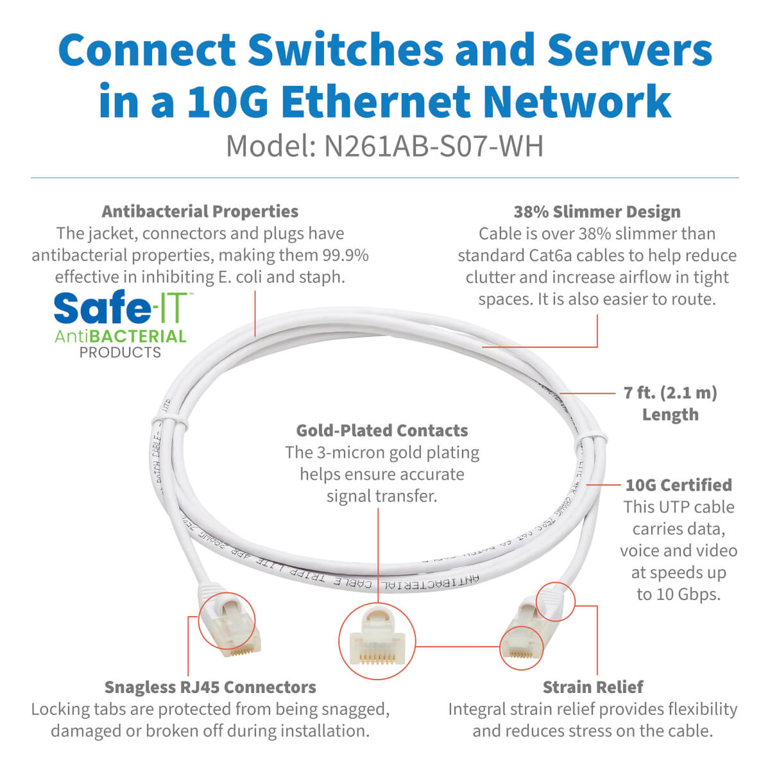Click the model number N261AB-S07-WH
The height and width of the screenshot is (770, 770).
pos(434,146)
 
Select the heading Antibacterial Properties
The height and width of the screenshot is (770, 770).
pos(200,211)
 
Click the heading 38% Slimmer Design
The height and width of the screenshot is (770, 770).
pos(597,212)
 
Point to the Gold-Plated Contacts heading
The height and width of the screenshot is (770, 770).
pos(382,431)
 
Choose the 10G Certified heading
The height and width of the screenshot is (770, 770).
pos(678,485)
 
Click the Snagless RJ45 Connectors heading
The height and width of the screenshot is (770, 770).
pos(210,687)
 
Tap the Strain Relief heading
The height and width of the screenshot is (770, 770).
pos(593,687)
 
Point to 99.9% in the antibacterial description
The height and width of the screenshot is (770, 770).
pos(345,255)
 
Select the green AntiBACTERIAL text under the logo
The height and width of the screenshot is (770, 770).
pos(120,336)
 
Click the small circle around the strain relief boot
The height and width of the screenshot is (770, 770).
pos(555,602)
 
